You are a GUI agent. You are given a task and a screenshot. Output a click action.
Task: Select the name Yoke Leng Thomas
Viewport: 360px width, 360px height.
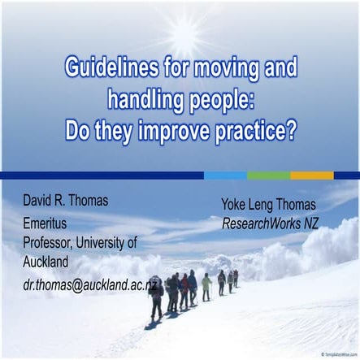[x=268, y=205]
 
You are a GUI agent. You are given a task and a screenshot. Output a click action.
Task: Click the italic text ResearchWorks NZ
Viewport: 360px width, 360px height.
[x=270, y=223]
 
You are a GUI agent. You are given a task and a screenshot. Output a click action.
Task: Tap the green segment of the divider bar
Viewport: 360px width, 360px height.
[x=267, y=175]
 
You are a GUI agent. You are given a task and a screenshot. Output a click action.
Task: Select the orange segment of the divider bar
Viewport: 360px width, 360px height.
[x=311, y=175]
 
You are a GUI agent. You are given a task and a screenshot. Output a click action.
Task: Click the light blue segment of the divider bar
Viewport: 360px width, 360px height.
[x=225, y=175]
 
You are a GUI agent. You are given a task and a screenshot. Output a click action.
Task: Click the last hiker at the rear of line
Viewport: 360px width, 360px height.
[x=236, y=278]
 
